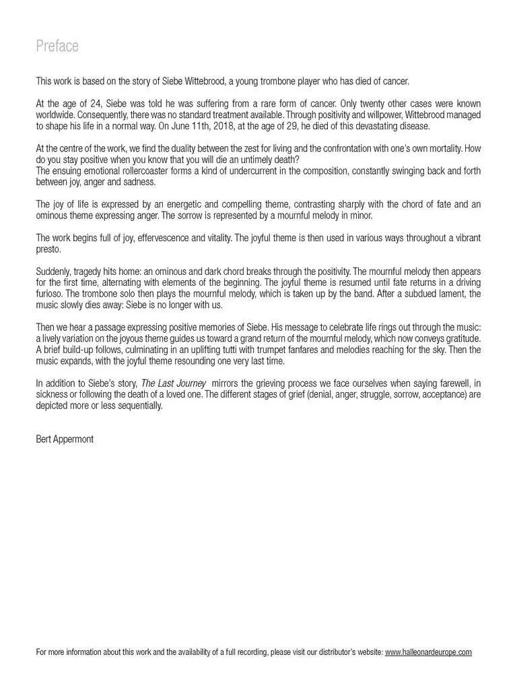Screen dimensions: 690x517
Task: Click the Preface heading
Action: [57, 46]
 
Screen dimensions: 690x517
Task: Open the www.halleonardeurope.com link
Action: [428, 652]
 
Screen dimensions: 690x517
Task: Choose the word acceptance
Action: [444, 394]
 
